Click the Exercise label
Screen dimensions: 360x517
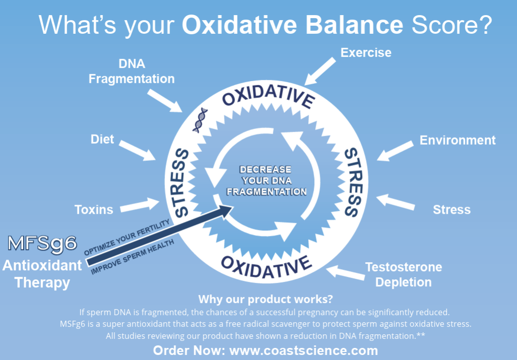(366, 52)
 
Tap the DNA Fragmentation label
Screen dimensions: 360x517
(132, 72)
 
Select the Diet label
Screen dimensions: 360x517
(102, 139)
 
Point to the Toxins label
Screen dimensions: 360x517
(94, 209)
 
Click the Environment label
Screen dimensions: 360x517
(457, 140)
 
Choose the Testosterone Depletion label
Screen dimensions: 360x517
(403, 274)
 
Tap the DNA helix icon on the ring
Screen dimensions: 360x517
(200, 120)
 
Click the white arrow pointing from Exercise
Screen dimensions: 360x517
(320, 71)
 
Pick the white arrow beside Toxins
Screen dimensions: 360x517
(143, 204)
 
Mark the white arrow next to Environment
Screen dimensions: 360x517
(396, 151)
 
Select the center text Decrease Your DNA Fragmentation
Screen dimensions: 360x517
(266, 181)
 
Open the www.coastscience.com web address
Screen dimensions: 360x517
(303, 350)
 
